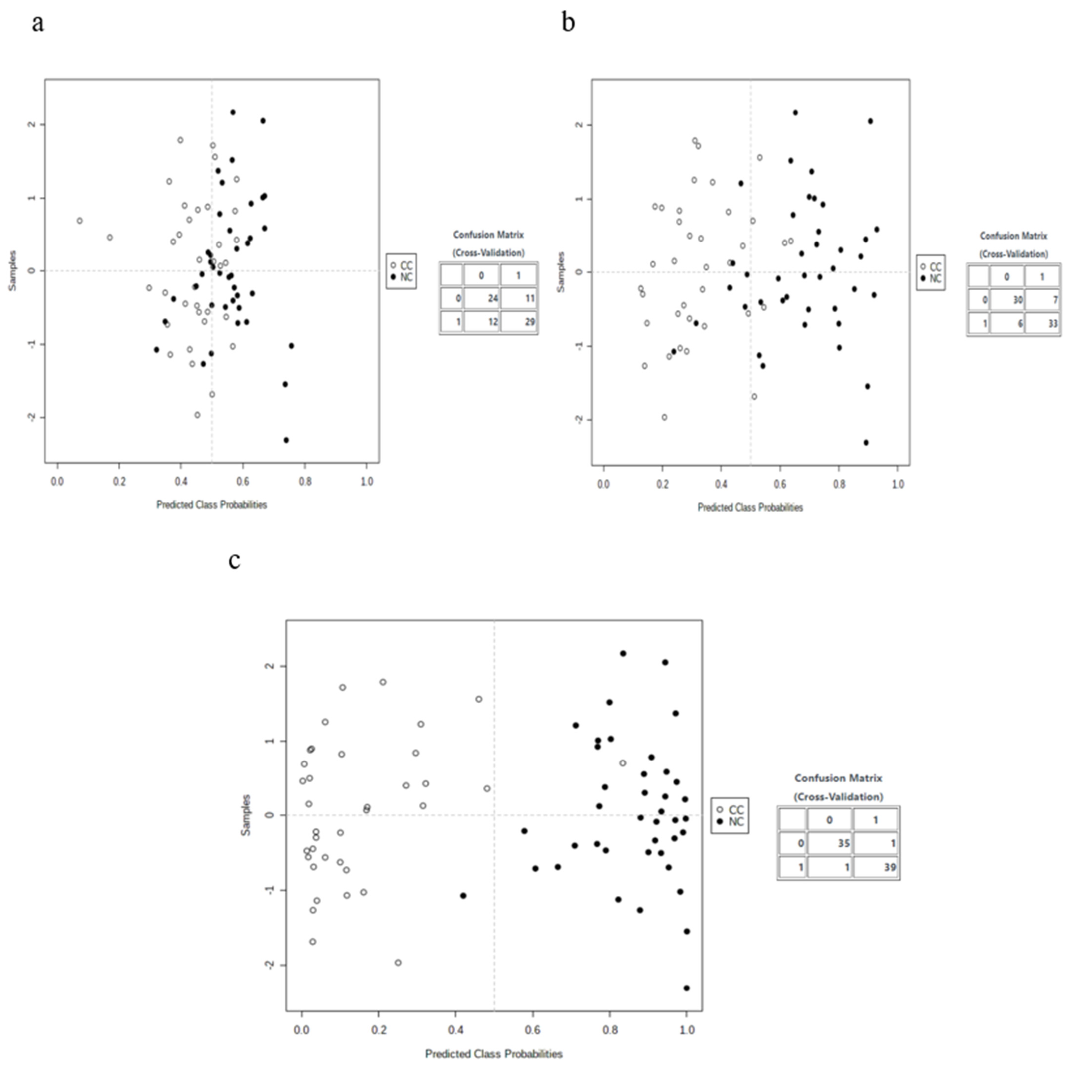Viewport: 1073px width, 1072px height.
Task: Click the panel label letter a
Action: (x=37, y=24)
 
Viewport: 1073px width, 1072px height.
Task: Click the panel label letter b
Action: (x=568, y=22)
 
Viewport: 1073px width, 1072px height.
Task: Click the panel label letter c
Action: (x=234, y=561)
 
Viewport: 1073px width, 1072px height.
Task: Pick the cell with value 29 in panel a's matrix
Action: (x=519, y=322)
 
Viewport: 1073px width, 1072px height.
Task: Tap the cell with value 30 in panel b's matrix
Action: (x=1007, y=300)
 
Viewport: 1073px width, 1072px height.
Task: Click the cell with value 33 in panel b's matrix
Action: (x=1043, y=323)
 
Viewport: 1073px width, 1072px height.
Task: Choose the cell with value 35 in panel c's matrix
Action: (x=829, y=843)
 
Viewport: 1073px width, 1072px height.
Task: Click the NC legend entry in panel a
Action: (x=402, y=277)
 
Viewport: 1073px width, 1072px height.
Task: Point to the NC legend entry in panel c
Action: (x=730, y=822)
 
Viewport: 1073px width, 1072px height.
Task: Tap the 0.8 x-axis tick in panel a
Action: (x=305, y=482)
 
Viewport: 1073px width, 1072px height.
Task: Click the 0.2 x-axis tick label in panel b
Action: (x=662, y=484)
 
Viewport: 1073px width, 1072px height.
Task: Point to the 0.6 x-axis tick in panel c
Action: (x=533, y=1030)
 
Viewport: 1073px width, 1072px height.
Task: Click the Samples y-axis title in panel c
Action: (x=246, y=815)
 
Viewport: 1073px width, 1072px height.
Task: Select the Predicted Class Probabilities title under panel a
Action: (x=212, y=505)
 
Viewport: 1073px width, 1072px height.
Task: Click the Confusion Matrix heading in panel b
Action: (x=1014, y=236)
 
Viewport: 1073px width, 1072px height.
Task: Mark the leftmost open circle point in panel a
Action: (x=80, y=221)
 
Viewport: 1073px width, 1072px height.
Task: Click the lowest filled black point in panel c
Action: (x=687, y=988)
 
